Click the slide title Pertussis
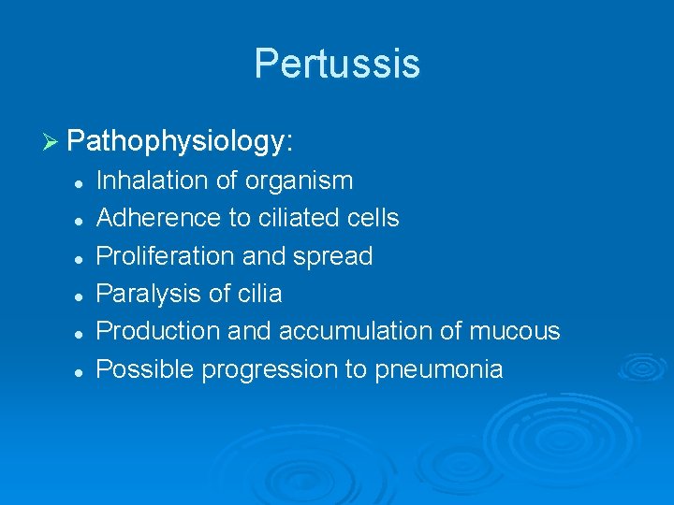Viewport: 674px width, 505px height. (337, 64)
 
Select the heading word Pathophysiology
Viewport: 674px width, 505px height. (181, 142)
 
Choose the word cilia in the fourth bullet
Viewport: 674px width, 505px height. (258, 294)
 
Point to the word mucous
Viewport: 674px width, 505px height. (514, 331)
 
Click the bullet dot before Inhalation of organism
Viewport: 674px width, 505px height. (81, 181)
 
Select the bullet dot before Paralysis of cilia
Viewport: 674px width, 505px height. (81, 295)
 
